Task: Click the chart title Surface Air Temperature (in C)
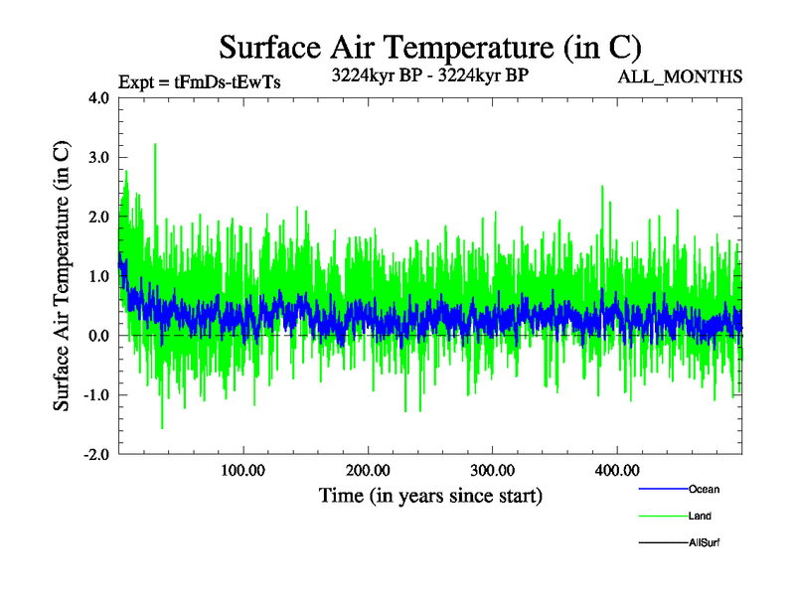click(x=430, y=47)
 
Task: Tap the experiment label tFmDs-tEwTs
click(x=199, y=82)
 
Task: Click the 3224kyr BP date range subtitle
click(x=429, y=74)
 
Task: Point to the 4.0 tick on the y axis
click(x=97, y=98)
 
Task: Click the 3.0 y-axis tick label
click(x=97, y=158)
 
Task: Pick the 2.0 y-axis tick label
click(x=97, y=217)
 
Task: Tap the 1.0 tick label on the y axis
click(x=97, y=276)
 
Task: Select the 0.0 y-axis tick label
click(x=97, y=336)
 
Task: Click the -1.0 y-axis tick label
click(x=94, y=395)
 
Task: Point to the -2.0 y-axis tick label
click(x=94, y=455)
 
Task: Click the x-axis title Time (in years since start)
click(x=430, y=495)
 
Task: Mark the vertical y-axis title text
click(x=62, y=276)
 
